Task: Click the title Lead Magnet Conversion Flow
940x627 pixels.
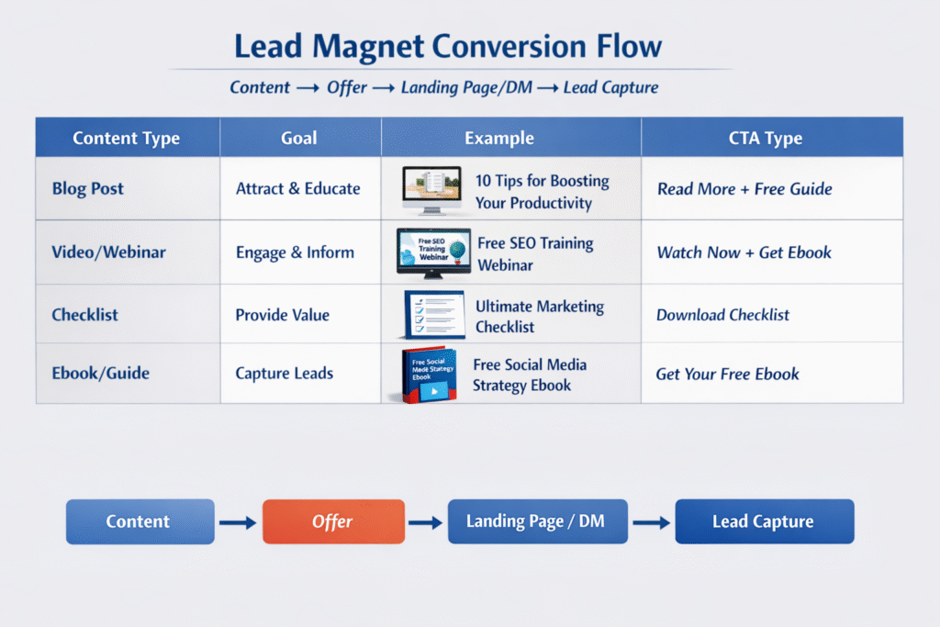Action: pos(448,46)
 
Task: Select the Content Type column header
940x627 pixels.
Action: pos(126,138)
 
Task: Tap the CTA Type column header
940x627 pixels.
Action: pos(765,138)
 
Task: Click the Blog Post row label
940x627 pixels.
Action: pos(87,189)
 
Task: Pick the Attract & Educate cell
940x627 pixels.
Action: pos(298,189)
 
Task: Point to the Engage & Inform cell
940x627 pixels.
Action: pos(295,252)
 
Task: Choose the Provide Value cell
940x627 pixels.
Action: pos(283,315)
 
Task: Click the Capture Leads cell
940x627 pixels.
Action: pos(285,373)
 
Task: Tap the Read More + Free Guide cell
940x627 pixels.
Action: pos(744,189)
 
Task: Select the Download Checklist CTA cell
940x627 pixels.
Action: pos(723,315)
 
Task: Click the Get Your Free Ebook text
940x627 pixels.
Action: pos(727,374)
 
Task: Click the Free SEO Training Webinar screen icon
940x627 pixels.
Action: pos(433,253)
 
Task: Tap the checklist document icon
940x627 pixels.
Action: pos(434,315)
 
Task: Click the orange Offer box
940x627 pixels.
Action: pos(334,521)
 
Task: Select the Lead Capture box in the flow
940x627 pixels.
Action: pos(765,521)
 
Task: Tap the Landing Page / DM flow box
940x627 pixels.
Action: pos(538,521)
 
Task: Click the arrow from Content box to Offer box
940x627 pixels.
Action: pos(238,522)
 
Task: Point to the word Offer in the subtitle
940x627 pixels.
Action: pos(346,87)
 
